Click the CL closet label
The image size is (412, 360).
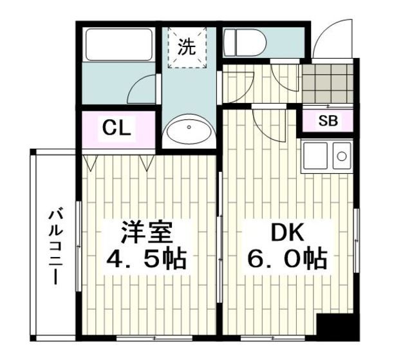pos(117,128)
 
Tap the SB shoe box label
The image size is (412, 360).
pos(327,120)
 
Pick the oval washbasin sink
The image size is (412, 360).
pos(189,132)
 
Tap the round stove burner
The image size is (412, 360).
pos(341,155)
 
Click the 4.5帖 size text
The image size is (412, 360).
pos(146,260)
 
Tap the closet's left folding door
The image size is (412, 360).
pos(90,162)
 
